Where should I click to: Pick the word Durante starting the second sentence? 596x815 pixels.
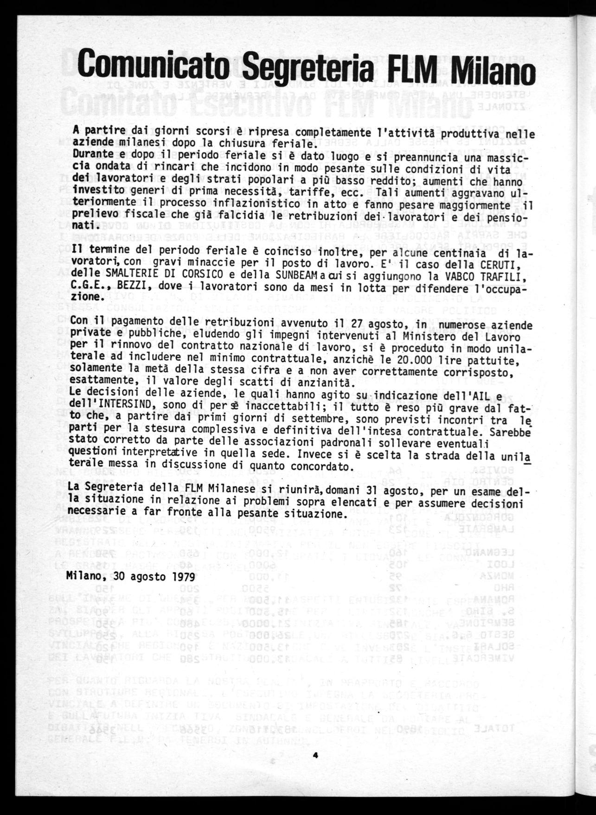point(88,155)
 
